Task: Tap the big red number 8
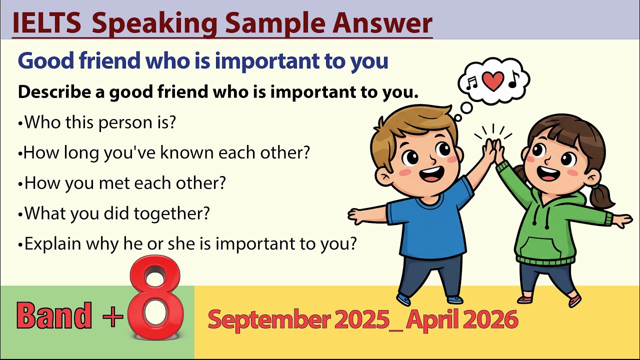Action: (156, 300)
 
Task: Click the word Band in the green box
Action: (54, 316)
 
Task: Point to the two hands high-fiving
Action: (493, 149)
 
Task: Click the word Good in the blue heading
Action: (44, 61)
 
